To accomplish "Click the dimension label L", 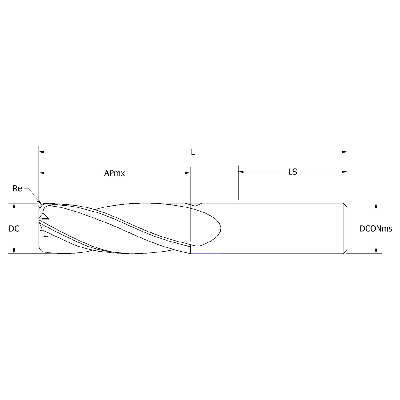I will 193,152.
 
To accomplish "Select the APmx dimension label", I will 114,173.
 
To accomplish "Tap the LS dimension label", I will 292,172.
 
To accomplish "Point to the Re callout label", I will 17,188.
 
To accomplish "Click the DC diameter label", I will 14,229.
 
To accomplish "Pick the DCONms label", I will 376,229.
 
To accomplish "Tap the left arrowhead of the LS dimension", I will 241,172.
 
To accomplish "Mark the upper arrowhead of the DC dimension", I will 14,206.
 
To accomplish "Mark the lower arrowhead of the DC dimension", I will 14,251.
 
